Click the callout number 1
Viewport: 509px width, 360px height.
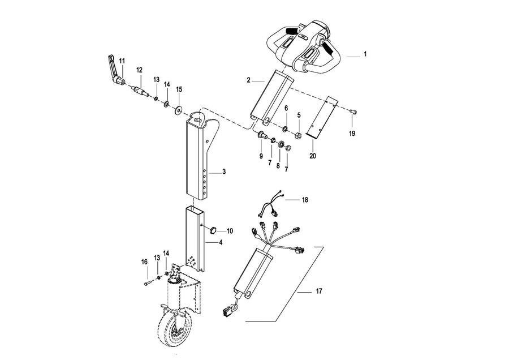click(x=365, y=54)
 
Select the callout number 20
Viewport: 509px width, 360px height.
click(x=313, y=156)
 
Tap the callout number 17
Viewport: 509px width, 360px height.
click(x=319, y=291)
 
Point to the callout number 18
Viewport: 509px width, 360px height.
click(x=305, y=200)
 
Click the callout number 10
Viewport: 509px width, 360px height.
click(x=230, y=232)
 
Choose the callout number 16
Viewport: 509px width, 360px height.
click(x=144, y=262)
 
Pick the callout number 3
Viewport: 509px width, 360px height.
click(x=224, y=172)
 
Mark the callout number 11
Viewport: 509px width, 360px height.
click(x=122, y=61)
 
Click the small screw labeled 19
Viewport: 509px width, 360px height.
click(x=353, y=112)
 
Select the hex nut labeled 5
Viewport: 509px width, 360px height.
click(x=298, y=135)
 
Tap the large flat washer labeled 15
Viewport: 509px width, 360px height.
click(x=178, y=111)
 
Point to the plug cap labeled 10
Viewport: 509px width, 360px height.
click(x=213, y=230)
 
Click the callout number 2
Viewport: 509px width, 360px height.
click(x=248, y=80)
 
